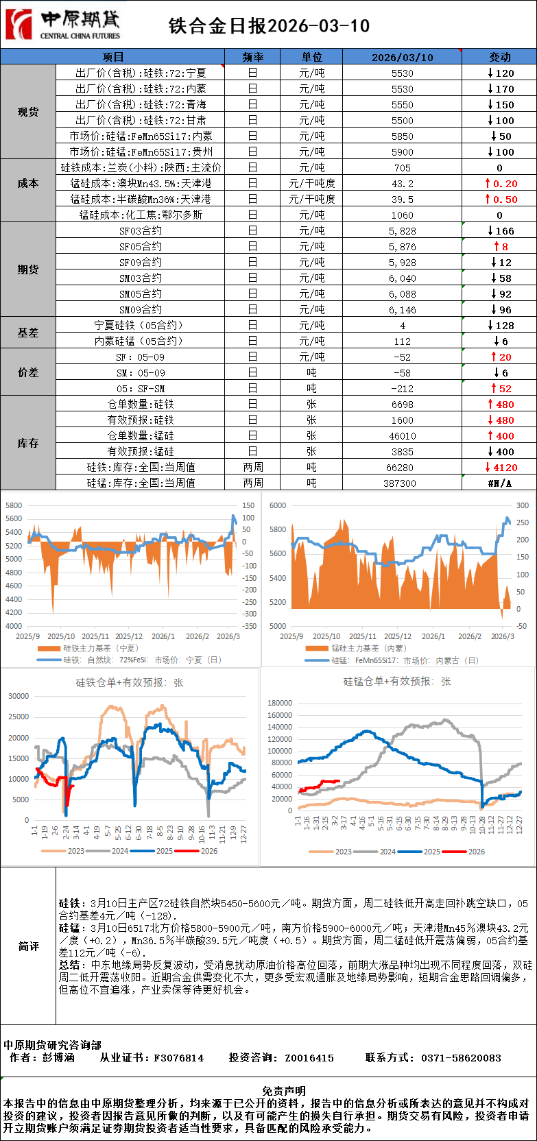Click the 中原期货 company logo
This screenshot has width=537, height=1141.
pos(62,25)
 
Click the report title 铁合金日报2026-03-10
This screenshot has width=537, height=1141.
pos(269,26)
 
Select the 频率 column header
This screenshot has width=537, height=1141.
pos(252,57)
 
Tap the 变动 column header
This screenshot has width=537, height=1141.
pos(499,57)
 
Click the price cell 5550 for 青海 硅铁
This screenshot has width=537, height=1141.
pos(403,105)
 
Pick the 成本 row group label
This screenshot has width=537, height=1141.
pos(28,183)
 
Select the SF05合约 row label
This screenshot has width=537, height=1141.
pos(141,247)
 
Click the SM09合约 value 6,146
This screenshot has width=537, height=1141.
pos(403,310)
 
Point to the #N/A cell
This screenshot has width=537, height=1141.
pos(499,483)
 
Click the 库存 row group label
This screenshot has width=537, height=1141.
pos(28,444)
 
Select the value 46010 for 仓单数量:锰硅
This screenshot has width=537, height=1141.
pos(403,436)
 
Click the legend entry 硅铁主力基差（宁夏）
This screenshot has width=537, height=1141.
pos(100,648)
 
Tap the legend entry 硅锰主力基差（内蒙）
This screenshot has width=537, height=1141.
pos(368,648)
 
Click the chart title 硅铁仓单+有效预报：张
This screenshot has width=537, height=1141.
pos(129,683)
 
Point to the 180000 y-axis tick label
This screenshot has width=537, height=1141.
pos(279,703)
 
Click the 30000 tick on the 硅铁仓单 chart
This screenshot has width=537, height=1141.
pos(19,696)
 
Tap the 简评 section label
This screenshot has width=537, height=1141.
pos(28,946)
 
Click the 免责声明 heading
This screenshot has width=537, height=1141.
pos(284,1090)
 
